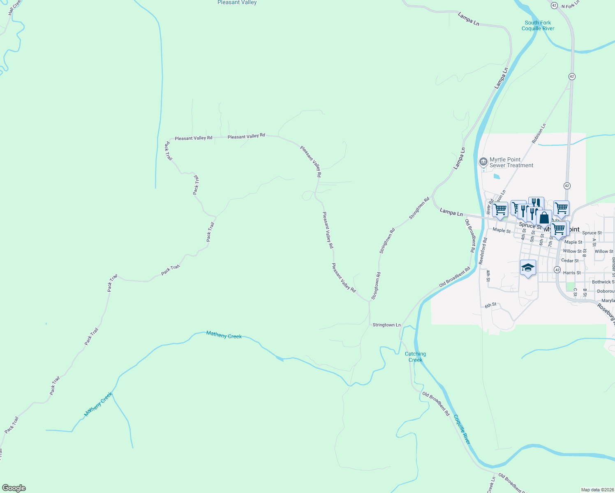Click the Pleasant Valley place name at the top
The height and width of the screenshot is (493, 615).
(237, 2)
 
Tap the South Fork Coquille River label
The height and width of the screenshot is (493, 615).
(538, 25)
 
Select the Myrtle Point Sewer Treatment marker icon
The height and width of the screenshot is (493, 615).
(484, 161)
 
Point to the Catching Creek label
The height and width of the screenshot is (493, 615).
(415, 357)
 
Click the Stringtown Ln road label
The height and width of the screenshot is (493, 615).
(386, 325)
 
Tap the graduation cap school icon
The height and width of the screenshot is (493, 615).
(528, 268)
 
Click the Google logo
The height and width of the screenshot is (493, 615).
(14, 488)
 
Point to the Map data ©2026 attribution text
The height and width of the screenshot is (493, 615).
(597, 490)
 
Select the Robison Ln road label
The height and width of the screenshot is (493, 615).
(539, 134)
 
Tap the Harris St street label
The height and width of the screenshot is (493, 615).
(572, 273)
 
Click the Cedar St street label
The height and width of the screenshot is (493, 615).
(570, 260)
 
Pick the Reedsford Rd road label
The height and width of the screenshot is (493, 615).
(483, 251)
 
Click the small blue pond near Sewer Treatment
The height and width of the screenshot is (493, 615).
(497, 177)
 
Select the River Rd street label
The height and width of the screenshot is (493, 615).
(489, 207)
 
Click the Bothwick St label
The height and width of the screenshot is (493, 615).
(603, 282)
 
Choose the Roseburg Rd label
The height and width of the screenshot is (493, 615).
(606, 314)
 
